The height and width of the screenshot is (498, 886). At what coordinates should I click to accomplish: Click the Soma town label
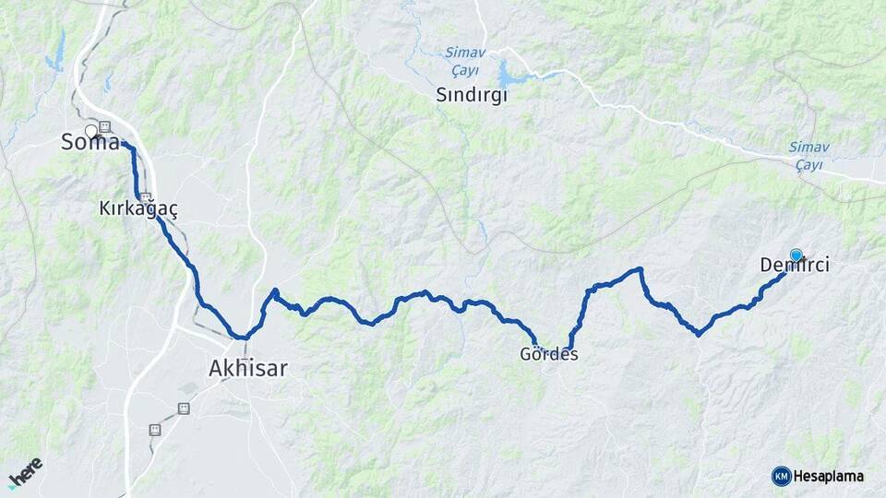point(90,143)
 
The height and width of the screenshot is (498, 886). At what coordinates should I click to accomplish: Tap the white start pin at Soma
point(91,131)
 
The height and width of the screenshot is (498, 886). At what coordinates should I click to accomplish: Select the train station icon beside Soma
point(105,127)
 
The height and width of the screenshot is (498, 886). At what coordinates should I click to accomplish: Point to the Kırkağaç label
point(138,209)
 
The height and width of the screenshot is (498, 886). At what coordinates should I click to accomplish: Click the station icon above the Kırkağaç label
point(145,196)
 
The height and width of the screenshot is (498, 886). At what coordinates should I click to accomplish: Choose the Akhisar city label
point(248,369)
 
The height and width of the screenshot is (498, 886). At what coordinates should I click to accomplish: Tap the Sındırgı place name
point(473,95)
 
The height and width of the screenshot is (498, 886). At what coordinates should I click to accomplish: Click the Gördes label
point(549,354)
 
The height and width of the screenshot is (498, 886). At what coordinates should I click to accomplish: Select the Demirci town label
point(795,266)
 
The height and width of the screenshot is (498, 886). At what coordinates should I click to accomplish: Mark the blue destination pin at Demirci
point(796,255)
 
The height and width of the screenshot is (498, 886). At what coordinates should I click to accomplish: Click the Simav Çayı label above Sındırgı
point(464,61)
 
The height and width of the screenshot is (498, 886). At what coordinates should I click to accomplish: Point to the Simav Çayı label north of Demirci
point(808,155)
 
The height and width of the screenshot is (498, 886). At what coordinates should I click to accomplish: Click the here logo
point(26,472)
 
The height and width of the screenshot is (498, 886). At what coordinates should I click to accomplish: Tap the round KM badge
point(781,476)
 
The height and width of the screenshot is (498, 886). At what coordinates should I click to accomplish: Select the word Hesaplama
point(829,476)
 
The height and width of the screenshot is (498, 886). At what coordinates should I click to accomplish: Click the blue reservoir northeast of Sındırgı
point(510,75)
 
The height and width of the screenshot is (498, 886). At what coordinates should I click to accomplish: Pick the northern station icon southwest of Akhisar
point(184,408)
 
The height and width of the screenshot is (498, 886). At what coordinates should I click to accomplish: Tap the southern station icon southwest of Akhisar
point(154,430)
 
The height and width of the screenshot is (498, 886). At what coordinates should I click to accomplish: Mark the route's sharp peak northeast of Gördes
point(639,269)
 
